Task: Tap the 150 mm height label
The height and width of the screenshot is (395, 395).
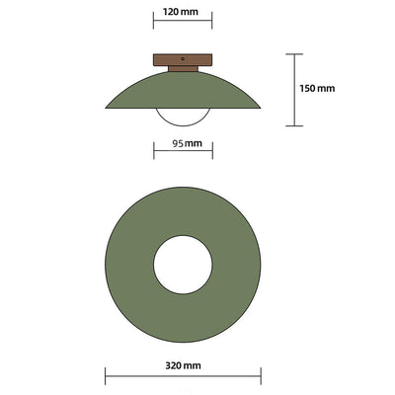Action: click(x=317, y=89)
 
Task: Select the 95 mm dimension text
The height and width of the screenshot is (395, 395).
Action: click(x=183, y=144)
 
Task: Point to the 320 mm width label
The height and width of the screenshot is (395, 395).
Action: click(x=183, y=365)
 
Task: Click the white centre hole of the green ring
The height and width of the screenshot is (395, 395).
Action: click(x=183, y=267)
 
